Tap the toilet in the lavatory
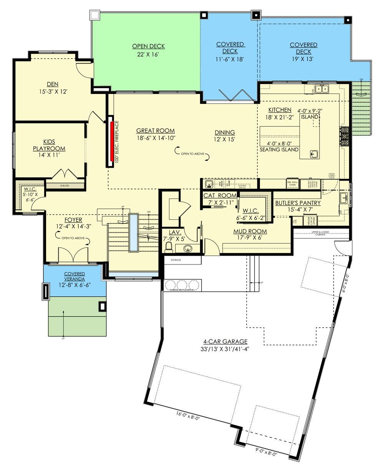[168, 248]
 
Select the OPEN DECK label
[148, 46]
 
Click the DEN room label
[53, 84]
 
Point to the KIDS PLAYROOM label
[49, 145]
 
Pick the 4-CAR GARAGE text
[225, 342]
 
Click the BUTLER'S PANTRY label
[298, 203]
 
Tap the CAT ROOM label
[220, 195]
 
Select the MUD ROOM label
[250, 232]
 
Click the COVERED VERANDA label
[74, 276]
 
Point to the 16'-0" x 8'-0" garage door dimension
[188, 416]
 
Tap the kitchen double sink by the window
[322, 89]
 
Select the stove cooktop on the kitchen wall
[344, 136]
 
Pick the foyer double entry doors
[73, 255]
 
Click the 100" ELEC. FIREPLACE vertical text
[117, 142]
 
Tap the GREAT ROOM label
[156, 131]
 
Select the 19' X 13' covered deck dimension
[303, 59]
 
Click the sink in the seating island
[314, 154]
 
